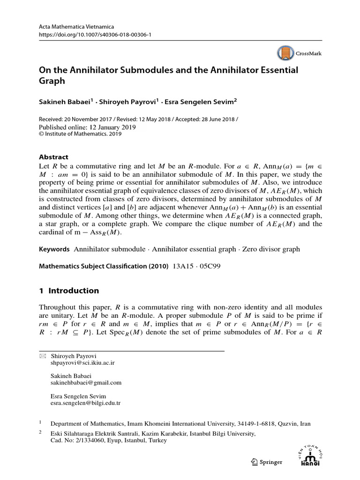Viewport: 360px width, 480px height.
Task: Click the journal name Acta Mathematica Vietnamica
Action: pos(76,27)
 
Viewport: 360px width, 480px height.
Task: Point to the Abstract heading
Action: pos(53,157)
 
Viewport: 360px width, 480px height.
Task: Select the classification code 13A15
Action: pos(184,266)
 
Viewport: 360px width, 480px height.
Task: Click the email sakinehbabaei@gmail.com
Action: pos(86,382)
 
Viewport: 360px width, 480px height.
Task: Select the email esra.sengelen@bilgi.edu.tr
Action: pos(85,403)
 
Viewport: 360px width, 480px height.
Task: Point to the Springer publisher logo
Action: pos(267,462)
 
